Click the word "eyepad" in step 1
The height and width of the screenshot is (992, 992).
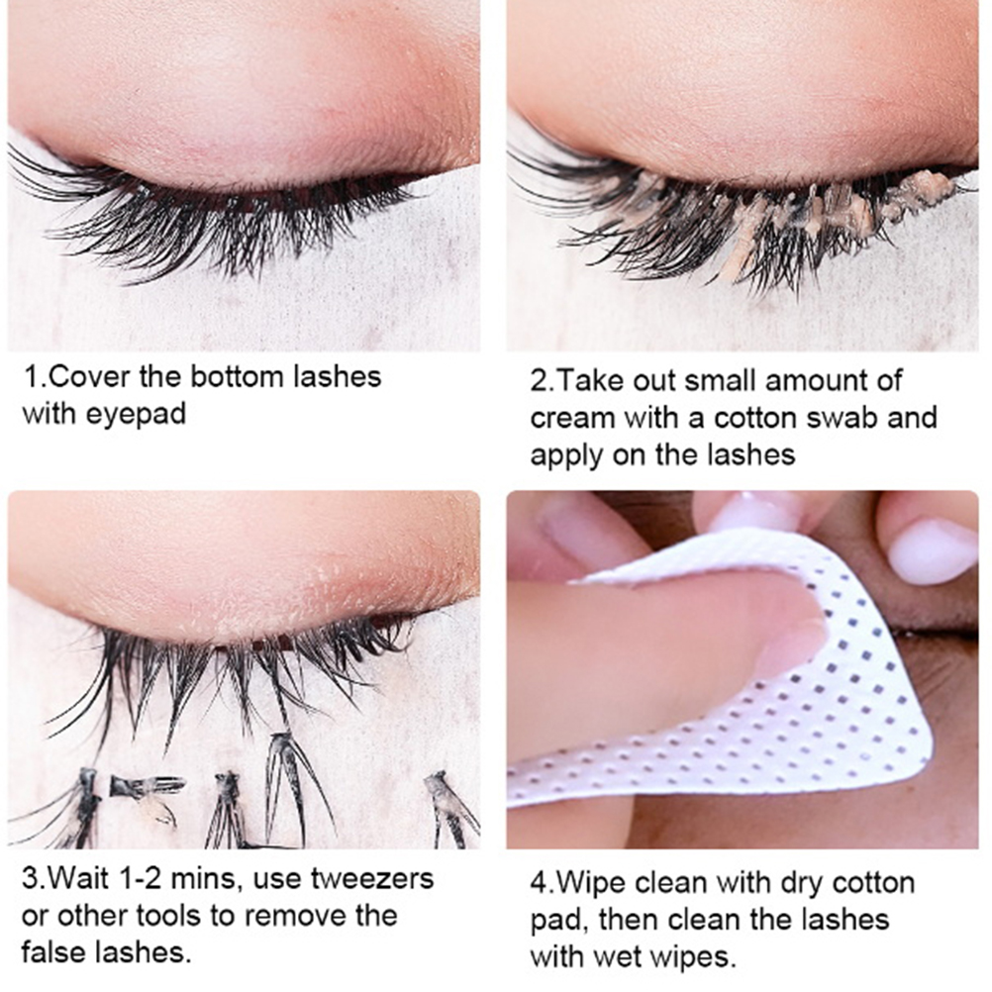point(136,415)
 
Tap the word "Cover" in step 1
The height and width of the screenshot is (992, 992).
point(88,377)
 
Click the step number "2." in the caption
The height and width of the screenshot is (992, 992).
point(543,381)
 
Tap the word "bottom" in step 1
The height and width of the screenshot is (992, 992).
point(237,377)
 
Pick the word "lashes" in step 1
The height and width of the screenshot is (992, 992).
point(337,377)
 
